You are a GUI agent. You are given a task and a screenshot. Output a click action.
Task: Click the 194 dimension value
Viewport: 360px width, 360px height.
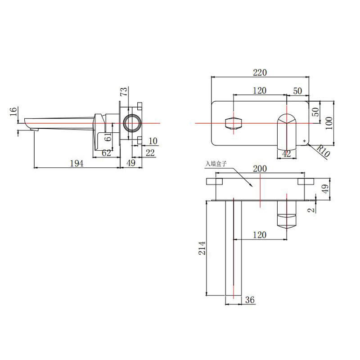coord(76,163)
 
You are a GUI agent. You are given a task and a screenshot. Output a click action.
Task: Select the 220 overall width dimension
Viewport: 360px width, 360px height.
coord(260,72)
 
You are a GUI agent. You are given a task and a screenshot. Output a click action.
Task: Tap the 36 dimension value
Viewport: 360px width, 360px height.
coord(250,300)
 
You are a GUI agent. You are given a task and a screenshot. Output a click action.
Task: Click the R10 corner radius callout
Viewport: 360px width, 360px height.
coord(323,150)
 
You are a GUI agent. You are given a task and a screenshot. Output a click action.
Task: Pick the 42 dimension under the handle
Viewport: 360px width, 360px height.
coord(286,153)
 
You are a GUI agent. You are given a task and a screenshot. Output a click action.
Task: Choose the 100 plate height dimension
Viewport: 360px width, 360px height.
coord(341,122)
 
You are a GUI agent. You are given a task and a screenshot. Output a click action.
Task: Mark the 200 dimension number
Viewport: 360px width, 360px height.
coord(260,169)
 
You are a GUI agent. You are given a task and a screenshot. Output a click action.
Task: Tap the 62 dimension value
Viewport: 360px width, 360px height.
coord(106,153)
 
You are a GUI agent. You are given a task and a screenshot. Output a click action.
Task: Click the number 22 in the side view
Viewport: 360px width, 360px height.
coord(150,153)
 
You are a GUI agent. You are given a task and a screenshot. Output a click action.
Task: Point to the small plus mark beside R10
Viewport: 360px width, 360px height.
coord(305,141)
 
